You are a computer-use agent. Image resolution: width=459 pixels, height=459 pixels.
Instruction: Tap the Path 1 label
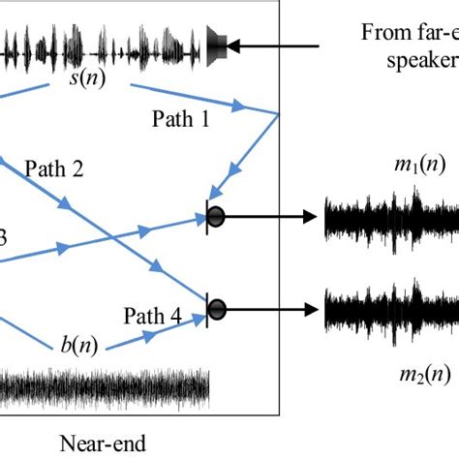tap(180, 118)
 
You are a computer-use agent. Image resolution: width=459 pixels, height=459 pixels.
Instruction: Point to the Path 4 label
tap(152, 315)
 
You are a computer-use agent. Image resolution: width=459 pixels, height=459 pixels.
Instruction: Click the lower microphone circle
tap(217, 309)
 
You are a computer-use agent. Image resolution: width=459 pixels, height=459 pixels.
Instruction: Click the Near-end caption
tap(102, 444)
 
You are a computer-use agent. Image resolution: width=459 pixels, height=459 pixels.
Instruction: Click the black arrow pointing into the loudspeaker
tap(281, 43)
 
